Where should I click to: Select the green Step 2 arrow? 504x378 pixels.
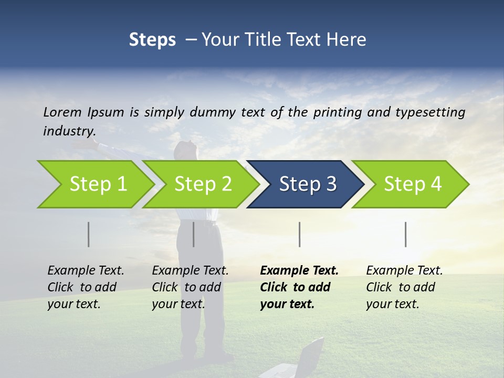203,184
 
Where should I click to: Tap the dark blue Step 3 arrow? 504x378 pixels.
307,184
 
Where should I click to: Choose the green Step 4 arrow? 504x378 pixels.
412,184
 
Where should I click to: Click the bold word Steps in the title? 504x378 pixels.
152,40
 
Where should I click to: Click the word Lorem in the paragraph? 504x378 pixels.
62,112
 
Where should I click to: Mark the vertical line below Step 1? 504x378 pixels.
89,234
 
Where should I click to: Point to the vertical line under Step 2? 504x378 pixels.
194,234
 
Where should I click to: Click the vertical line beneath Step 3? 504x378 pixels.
300,234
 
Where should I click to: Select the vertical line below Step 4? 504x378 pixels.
406,234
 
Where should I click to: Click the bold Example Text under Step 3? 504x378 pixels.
299,271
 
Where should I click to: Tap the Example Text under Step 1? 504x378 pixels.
86,271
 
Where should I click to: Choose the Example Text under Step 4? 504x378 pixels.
404,271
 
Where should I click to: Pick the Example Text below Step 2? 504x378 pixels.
190,271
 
